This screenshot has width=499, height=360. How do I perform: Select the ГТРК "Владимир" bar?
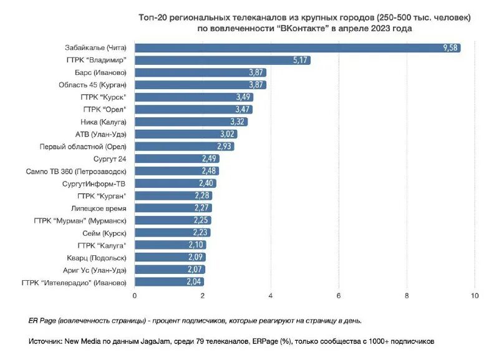coord(222,60)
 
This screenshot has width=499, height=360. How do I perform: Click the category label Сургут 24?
coord(110,158)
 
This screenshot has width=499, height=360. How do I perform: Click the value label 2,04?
coord(195,282)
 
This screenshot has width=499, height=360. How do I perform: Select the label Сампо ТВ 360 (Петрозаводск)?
coord(76,171)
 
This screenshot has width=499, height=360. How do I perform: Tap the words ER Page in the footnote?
coord(42,321)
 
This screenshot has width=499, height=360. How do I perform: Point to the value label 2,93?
coord(225,147)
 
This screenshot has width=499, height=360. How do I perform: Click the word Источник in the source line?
coord(45,341)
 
